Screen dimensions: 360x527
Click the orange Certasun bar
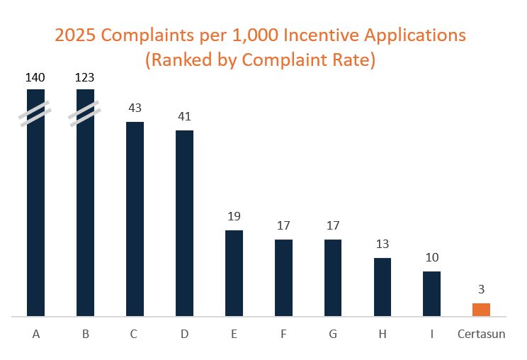point(481,310)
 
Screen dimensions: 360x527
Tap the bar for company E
point(234,273)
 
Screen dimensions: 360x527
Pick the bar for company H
point(382,287)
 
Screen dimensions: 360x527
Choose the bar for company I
point(431,293)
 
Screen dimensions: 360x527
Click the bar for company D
point(184,223)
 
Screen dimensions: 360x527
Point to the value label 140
point(35,77)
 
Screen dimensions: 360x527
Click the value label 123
point(85,77)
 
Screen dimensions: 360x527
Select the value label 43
point(135,108)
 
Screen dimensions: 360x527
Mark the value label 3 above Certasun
point(481,289)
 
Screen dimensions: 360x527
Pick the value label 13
point(382,244)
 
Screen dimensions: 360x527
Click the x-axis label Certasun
point(482,334)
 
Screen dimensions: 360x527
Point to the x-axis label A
point(35,334)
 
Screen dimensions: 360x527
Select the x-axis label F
point(283,334)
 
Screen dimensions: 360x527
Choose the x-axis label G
point(333,334)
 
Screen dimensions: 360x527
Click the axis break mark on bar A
point(35,114)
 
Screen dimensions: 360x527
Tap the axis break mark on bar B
point(85,114)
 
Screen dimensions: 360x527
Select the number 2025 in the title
point(77,35)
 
